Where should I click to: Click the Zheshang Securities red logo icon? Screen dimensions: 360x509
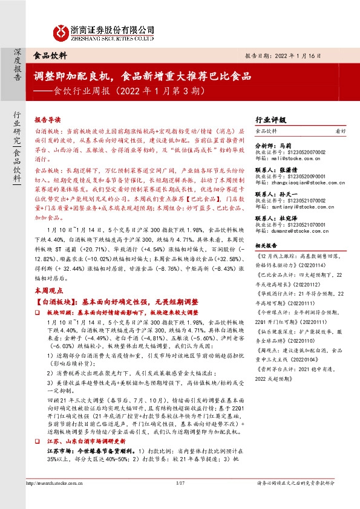(x=60, y=31)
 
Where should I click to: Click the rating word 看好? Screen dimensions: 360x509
(x=341, y=131)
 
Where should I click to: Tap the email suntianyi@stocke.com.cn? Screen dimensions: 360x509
(x=298, y=206)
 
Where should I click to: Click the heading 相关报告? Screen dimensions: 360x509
(x=266, y=246)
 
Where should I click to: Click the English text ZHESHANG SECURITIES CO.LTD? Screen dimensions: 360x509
(x=108, y=37)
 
